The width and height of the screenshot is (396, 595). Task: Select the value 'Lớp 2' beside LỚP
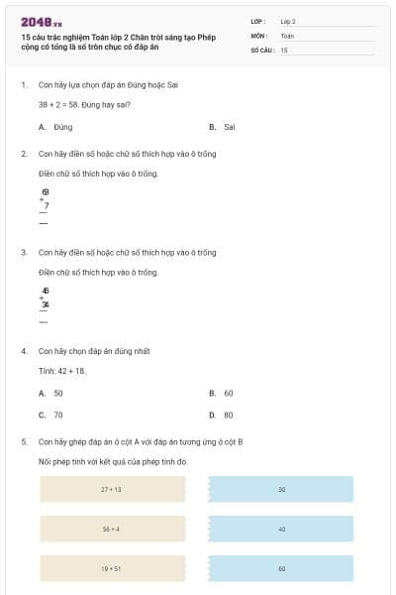click(x=288, y=21)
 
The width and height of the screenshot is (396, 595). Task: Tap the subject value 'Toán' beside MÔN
click(x=287, y=35)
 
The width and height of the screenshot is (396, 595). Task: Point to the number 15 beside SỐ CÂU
click(x=284, y=49)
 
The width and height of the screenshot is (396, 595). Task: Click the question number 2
click(x=23, y=154)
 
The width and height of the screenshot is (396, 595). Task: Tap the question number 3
click(x=23, y=252)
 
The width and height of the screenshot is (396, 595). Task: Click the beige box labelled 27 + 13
click(x=112, y=490)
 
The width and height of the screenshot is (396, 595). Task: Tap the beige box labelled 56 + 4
click(x=112, y=530)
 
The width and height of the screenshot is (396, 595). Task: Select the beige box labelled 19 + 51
click(x=112, y=568)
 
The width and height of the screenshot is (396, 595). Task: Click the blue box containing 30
click(x=281, y=490)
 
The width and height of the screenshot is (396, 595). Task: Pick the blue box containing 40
click(x=281, y=530)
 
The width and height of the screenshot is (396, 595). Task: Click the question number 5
click(x=23, y=441)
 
